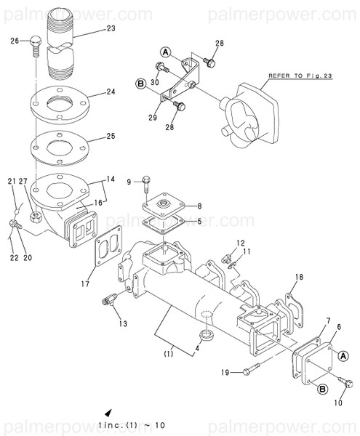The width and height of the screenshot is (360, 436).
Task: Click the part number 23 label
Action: pos(111,28)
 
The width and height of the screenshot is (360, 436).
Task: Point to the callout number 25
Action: pos(111,136)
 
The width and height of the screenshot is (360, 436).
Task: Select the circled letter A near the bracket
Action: pos(165,52)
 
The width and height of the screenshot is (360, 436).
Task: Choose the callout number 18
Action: pos(298,277)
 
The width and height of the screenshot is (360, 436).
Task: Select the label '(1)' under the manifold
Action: pos(167,355)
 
